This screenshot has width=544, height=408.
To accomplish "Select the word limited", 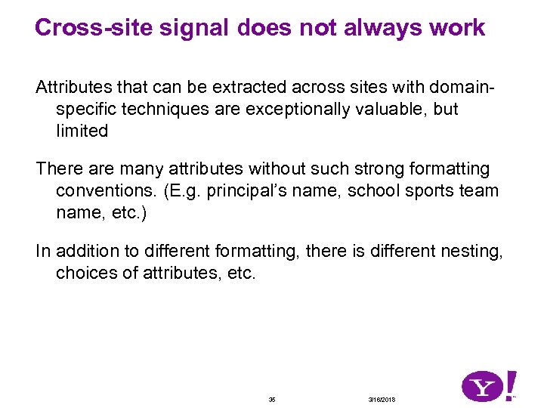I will click(82, 131).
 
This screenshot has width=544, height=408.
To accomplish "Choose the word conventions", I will click(105, 190).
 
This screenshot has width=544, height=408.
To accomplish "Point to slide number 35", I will click(272, 399).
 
